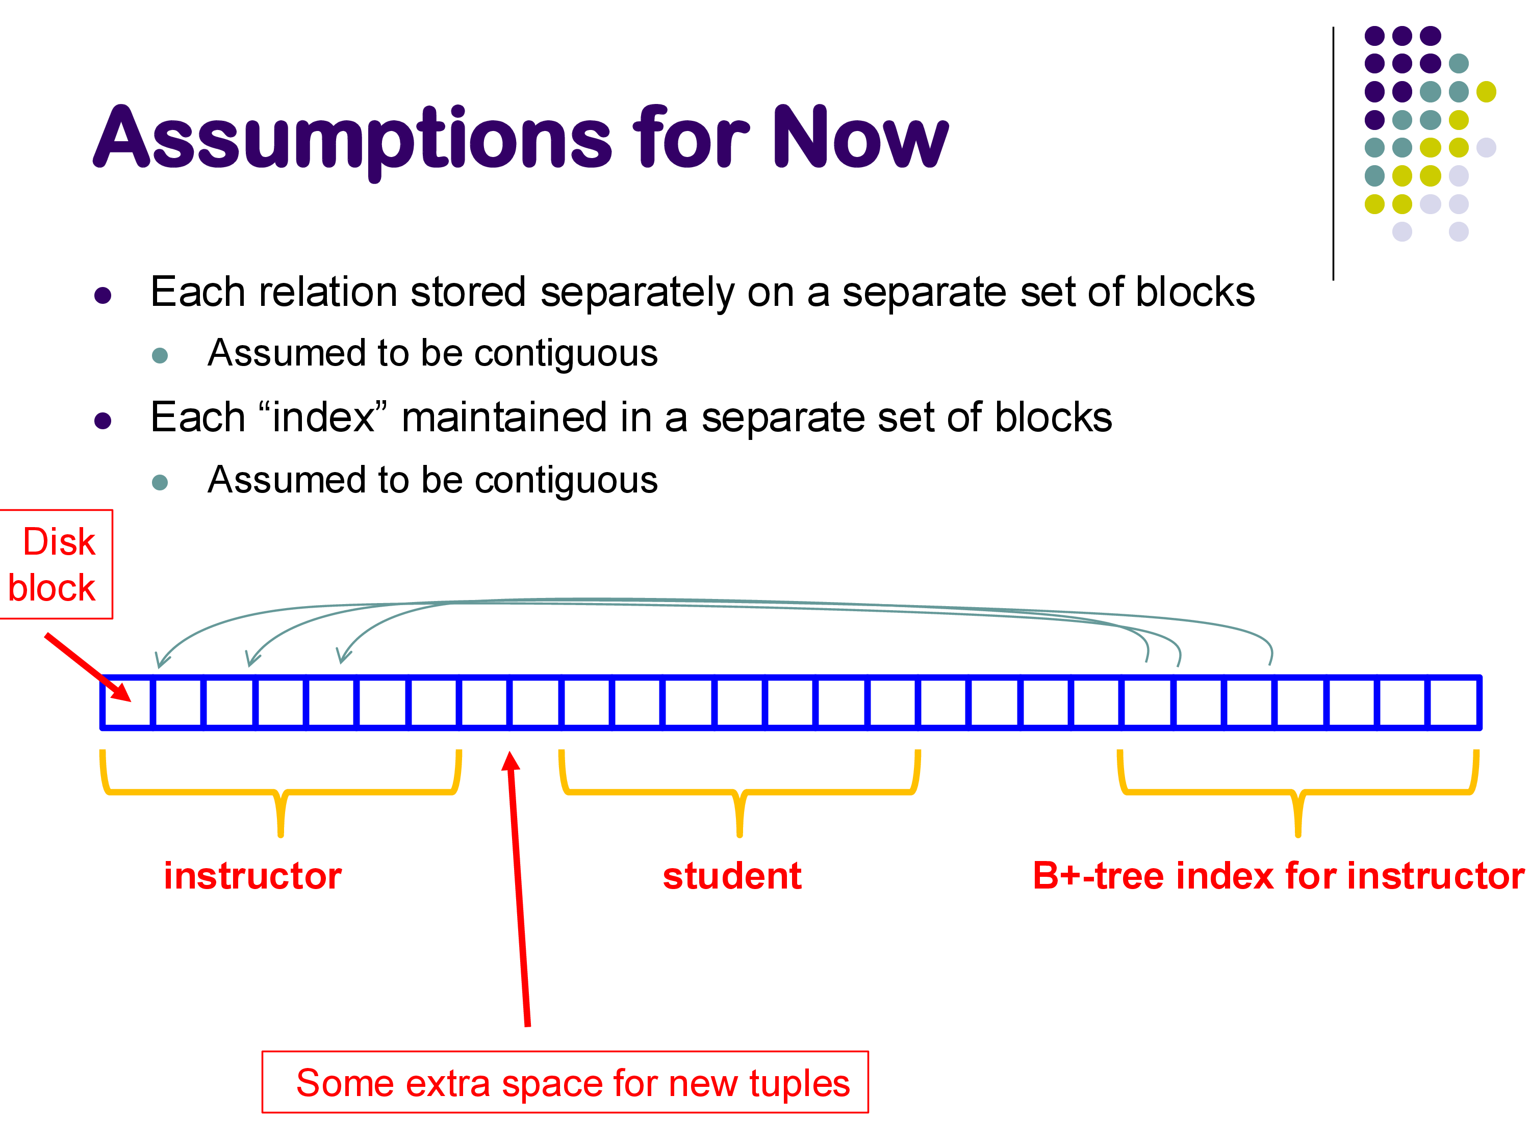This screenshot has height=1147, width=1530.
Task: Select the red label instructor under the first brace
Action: pyautogui.click(x=252, y=876)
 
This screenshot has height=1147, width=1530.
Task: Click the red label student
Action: pyautogui.click(x=732, y=876)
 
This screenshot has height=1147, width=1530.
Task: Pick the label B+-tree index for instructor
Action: pyautogui.click(x=1278, y=876)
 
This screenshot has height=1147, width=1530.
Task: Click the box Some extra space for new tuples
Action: pyautogui.click(x=565, y=1083)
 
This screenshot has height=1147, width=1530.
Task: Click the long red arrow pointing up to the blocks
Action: pyautogui.click(x=519, y=892)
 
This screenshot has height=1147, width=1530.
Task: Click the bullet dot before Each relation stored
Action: pyautogui.click(x=103, y=296)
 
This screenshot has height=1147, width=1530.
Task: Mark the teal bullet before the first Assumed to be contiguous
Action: pyautogui.click(x=160, y=355)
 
